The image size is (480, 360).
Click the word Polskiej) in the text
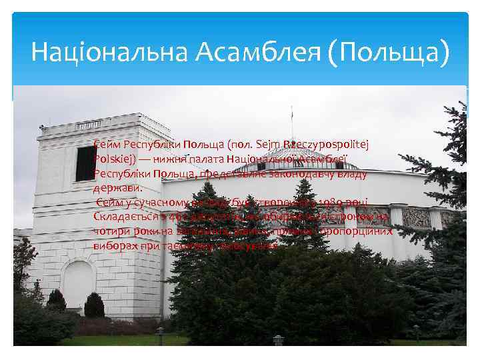pos(115,159)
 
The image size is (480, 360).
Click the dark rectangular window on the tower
pos(85,163)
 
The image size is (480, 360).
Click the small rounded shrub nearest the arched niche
pos(94,306)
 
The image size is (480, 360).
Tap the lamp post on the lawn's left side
pos(159,337)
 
